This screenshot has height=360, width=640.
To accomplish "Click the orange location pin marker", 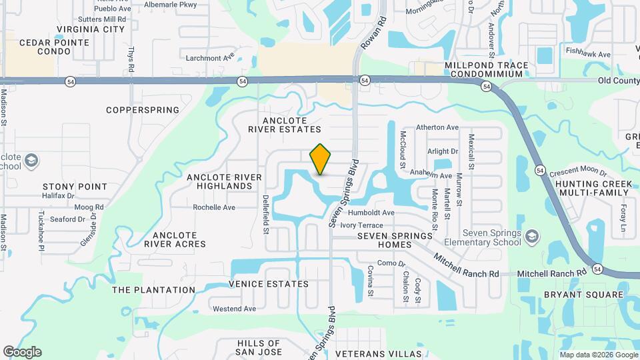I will coord(320,159).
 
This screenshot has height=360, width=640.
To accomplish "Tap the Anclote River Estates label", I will coord(292,125).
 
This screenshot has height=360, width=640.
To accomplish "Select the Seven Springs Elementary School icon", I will coord(532,236).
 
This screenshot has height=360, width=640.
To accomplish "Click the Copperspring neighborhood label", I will coord(143,109).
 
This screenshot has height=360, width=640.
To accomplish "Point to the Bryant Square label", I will coord(583,294).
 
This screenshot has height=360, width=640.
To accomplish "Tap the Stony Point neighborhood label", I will coord(75,187).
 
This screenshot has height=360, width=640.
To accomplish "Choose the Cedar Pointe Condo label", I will coord(45,46).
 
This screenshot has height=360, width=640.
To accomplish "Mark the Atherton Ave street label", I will coord(437,127).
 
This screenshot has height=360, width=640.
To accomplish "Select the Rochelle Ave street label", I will coord(214,207).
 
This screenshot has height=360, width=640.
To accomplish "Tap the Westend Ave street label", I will coord(234,309).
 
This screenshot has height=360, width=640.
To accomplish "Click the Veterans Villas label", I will coord(379,353).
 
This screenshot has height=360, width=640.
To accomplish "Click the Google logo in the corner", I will coord(22,352).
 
